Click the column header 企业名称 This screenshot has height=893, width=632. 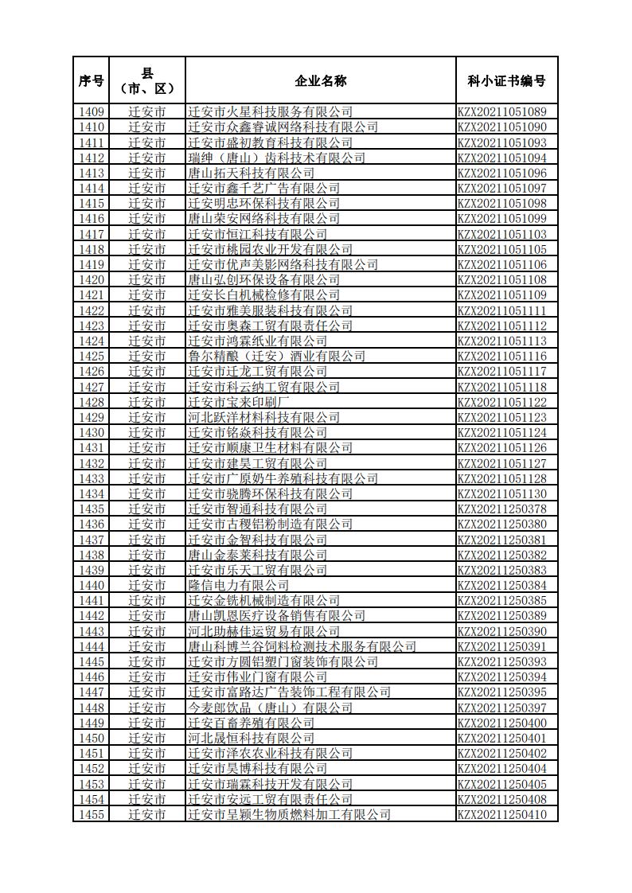pyautogui.click(x=320, y=80)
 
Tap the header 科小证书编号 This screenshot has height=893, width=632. pyautogui.click(x=506, y=80)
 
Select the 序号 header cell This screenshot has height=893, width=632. pyautogui.click(x=91, y=80)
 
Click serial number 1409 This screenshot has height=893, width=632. pyautogui.click(x=91, y=112)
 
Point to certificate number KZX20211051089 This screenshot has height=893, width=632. pyautogui.click(x=506, y=112)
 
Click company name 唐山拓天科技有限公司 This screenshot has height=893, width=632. pyautogui.click(x=251, y=173)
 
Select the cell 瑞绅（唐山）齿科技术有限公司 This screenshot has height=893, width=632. pyautogui.click(x=276, y=158)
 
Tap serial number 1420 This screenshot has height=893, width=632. pyautogui.click(x=91, y=280)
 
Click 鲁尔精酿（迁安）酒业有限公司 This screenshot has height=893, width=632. pyautogui.click(x=276, y=357)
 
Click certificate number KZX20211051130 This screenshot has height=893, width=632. pyautogui.click(x=506, y=493)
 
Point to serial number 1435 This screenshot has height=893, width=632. pyautogui.click(x=91, y=509)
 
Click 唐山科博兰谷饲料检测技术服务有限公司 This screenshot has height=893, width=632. pyautogui.click(x=302, y=646)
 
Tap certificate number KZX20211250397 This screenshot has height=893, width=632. pyautogui.click(x=506, y=708)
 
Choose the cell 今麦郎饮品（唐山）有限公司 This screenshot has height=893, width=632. pyautogui.click(x=270, y=708)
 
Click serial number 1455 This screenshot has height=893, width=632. pyautogui.click(x=91, y=814)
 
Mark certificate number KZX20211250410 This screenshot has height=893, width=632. pyautogui.click(x=506, y=814)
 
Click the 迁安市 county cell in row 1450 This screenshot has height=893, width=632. pyautogui.click(x=147, y=738)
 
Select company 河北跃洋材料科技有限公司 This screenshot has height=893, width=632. pyautogui.click(x=263, y=417)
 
